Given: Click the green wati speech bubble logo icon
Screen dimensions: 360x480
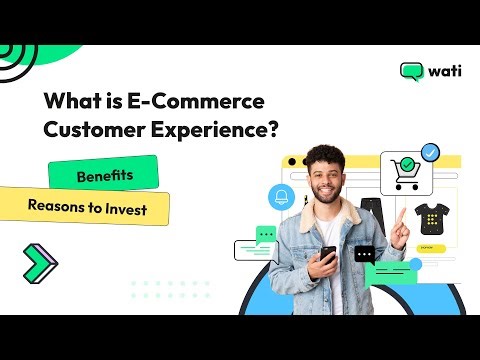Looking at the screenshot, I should coord(411,72).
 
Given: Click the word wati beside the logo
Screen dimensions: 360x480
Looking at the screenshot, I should coord(443,72).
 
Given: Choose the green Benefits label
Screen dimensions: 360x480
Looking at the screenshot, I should coord(104,176).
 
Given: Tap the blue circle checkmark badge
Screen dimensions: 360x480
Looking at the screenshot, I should coord(431,154).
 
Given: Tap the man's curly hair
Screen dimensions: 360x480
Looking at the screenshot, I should coord(326,157).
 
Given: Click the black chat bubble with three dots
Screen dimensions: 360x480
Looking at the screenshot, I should coord(364,255).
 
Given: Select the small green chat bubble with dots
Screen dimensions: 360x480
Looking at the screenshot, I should coord(266,235).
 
